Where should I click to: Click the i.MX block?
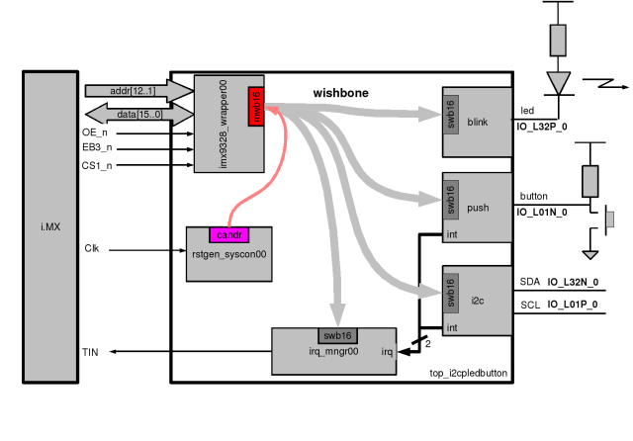49,226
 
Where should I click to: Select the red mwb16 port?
256,107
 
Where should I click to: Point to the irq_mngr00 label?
330,351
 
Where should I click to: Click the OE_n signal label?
95,132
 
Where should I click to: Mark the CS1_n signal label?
96,165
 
